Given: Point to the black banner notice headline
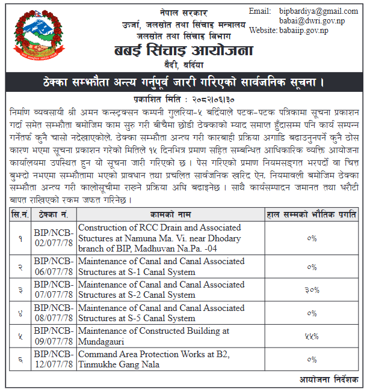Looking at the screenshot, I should tap(183, 81).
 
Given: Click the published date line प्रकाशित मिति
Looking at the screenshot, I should tap(183, 98).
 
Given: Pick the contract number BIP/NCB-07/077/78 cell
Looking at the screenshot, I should tap(55, 289).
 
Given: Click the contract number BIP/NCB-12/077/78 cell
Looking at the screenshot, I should tap(55, 358).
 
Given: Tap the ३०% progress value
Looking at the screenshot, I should tap(311, 290).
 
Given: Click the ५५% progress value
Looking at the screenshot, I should tap(311, 336).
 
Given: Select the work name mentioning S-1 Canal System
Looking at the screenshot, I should tap(161, 267).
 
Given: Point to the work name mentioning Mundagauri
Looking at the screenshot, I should tap(154, 336).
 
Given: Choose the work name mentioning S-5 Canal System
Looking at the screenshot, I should tap(161, 313).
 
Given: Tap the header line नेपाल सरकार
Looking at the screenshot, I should tap(183, 12).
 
